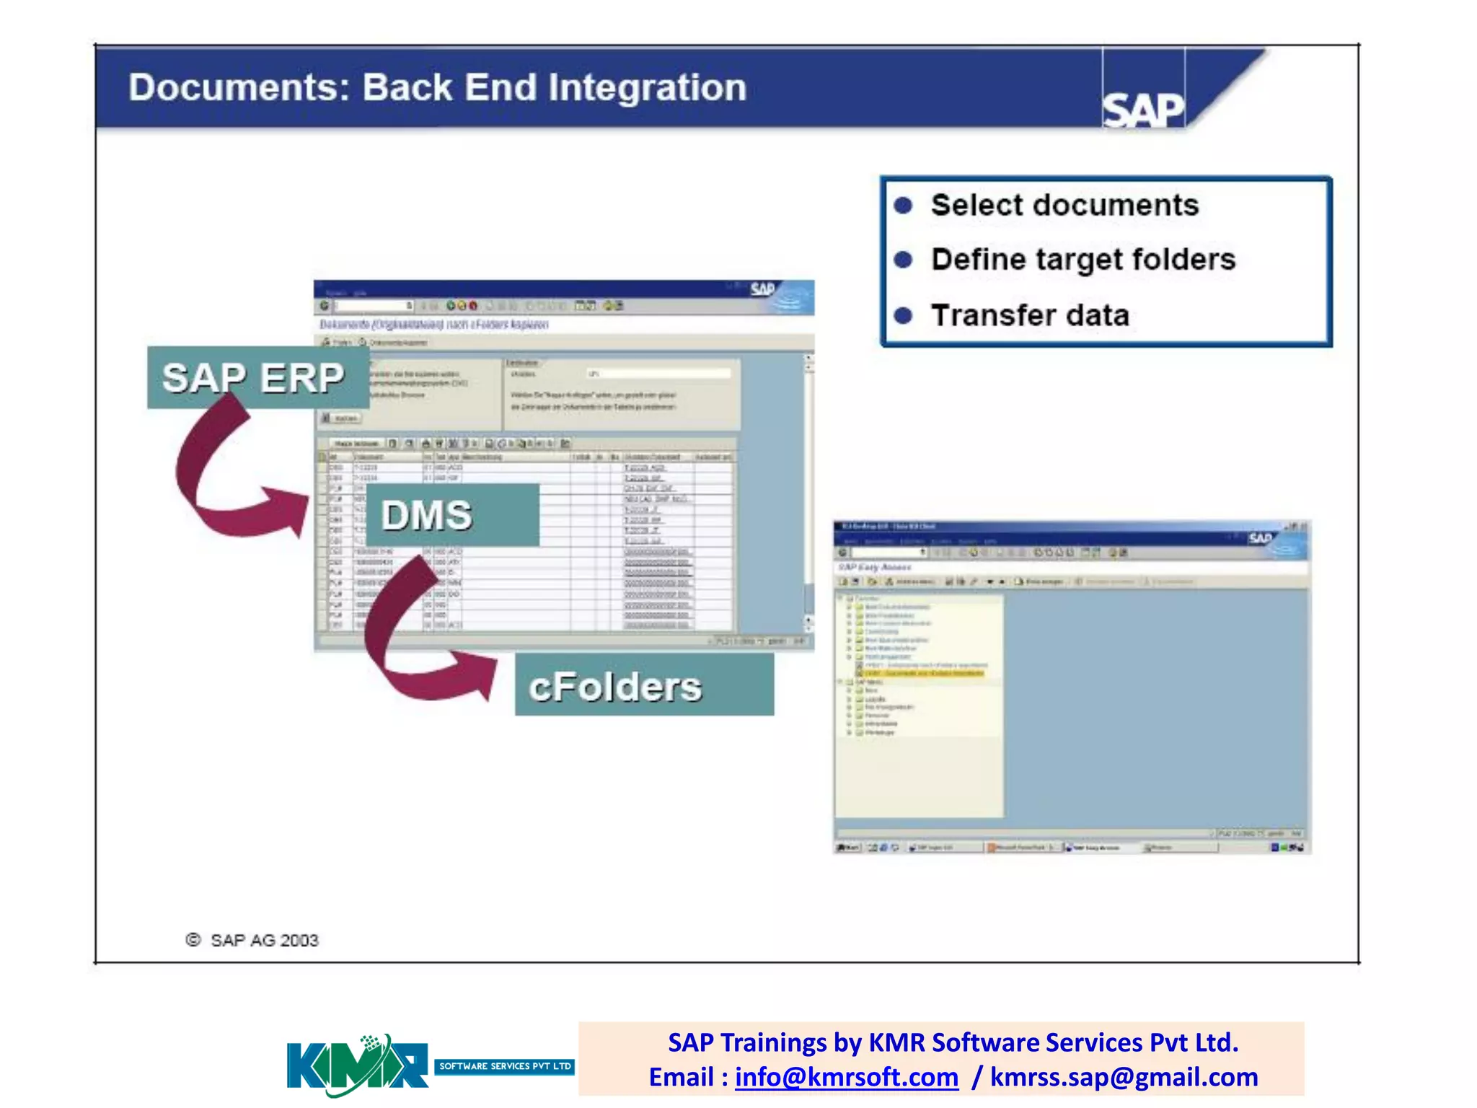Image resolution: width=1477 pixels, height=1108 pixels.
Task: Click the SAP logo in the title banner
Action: point(1143,110)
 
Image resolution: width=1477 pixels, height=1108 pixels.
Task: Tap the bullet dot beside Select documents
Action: point(903,206)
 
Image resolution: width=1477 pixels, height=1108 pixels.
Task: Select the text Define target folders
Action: point(1083,260)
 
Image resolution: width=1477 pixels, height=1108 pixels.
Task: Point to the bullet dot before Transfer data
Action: point(903,315)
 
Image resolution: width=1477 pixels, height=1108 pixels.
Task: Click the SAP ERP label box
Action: point(254,377)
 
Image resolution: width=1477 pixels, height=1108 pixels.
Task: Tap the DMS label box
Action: point(452,515)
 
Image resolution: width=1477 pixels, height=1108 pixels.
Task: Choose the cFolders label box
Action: point(643,685)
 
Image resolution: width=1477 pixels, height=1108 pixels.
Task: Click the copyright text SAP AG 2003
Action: point(263,940)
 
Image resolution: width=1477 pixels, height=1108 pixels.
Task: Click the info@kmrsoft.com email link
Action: point(847,1077)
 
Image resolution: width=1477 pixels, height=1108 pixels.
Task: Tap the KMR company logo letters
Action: point(357,1066)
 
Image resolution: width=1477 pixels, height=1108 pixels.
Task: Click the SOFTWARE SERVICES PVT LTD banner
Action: point(504,1066)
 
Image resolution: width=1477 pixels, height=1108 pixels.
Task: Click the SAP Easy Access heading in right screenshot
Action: point(875,567)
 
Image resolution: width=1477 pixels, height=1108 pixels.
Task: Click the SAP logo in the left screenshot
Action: point(762,289)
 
